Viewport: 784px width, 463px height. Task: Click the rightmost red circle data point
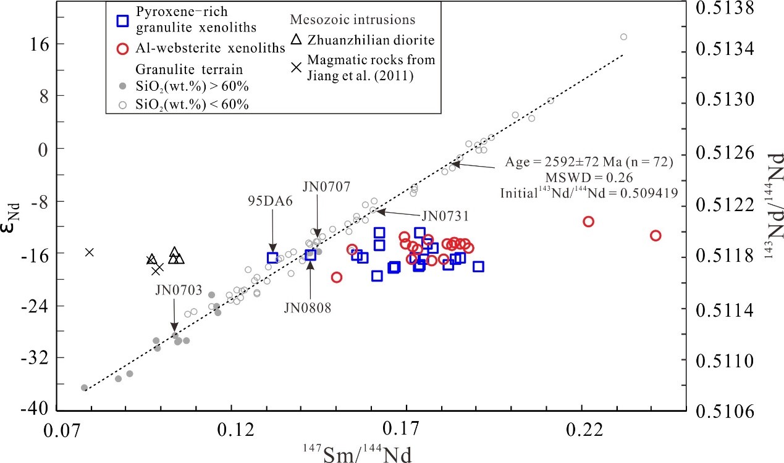pos(655,235)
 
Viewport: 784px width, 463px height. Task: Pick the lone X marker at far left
pos(90,252)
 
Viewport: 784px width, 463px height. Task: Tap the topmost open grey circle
pos(623,37)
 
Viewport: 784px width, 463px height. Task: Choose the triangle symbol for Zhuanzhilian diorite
pos(297,40)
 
